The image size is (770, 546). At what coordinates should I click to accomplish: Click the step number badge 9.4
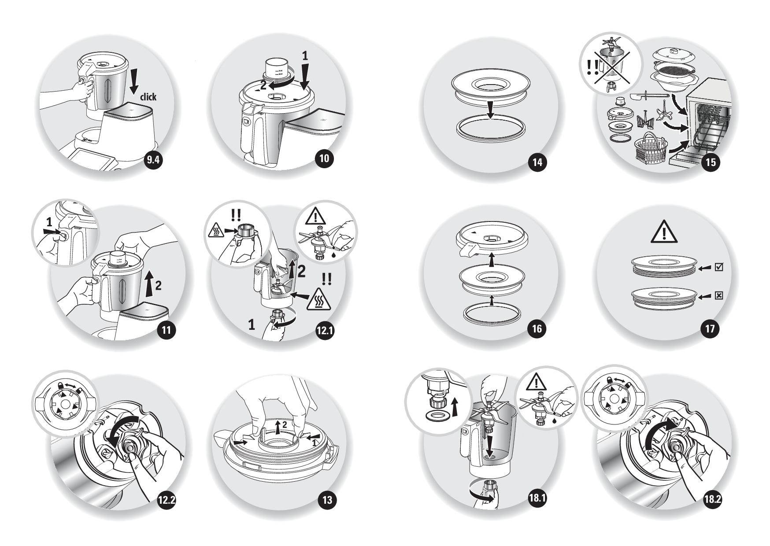(x=153, y=161)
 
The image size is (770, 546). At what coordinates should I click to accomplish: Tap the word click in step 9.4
(x=148, y=97)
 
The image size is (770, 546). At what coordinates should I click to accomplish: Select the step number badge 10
(x=324, y=158)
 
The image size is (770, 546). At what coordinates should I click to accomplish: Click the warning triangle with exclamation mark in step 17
(x=664, y=231)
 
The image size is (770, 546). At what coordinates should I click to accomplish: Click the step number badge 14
(x=537, y=162)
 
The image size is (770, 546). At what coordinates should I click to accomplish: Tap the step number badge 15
(x=711, y=162)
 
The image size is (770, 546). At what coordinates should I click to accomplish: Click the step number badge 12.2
(x=167, y=500)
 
